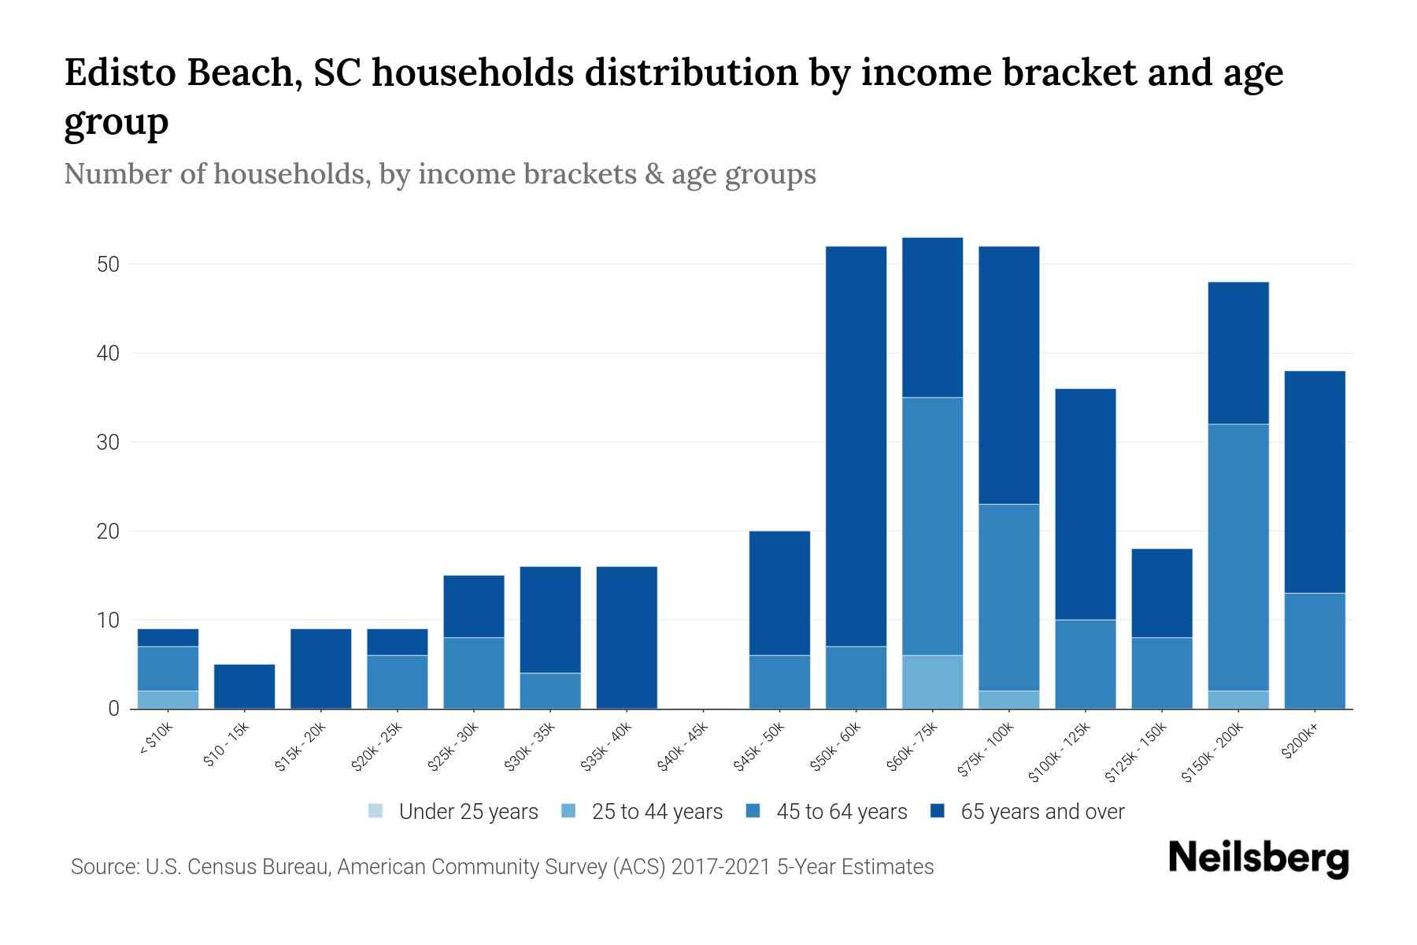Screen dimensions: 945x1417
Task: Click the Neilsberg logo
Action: pyautogui.click(x=1258, y=858)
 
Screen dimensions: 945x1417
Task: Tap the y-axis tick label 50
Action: pyautogui.click(x=108, y=265)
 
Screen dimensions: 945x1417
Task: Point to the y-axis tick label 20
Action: pyautogui.click(x=108, y=532)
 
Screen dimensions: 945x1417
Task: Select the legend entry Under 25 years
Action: pyautogui.click(x=468, y=812)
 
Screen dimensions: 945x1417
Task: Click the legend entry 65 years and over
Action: pyautogui.click(x=1041, y=812)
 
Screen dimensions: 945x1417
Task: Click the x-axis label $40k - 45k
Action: pyautogui.click(x=683, y=747)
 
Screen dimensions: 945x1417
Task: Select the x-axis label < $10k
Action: pyautogui.click(x=156, y=739)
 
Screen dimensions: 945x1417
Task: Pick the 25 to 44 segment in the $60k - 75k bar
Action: pyautogui.click(x=932, y=682)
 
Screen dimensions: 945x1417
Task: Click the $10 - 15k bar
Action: pyautogui.click(x=244, y=687)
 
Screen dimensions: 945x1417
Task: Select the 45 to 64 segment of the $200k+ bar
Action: pyautogui.click(x=1315, y=651)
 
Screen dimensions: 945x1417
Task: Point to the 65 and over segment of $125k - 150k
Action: pyautogui.click(x=1162, y=593)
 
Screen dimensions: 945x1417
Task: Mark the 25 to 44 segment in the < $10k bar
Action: pyautogui.click(x=168, y=700)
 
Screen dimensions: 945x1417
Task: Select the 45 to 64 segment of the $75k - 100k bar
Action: pyautogui.click(x=1008, y=598)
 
